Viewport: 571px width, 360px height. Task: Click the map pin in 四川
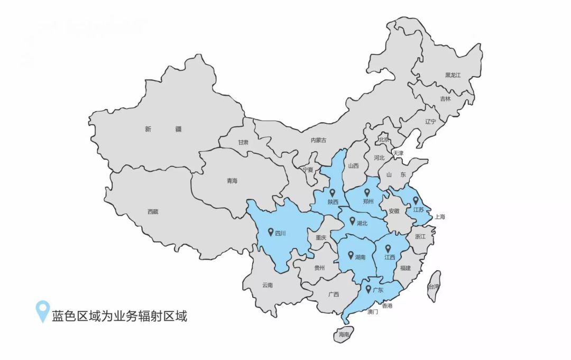271,232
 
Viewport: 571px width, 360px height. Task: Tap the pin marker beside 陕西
332,193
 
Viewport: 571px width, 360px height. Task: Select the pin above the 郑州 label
367,193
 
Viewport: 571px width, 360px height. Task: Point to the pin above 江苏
416,200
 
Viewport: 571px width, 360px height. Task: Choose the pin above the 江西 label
388,248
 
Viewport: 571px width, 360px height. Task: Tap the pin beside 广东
368,289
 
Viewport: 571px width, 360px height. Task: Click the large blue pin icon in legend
42,311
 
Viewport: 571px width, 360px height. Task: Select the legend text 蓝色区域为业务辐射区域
119,317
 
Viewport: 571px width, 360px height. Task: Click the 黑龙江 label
453,75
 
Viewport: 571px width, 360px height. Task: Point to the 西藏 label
153,212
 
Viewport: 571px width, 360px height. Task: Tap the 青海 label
232,181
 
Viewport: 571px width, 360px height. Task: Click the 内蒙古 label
318,140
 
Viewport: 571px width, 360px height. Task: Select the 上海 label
440,217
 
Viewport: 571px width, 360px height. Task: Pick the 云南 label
267,285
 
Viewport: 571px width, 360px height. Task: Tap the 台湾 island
434,287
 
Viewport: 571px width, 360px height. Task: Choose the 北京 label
384,140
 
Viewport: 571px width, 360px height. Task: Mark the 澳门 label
373,312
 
